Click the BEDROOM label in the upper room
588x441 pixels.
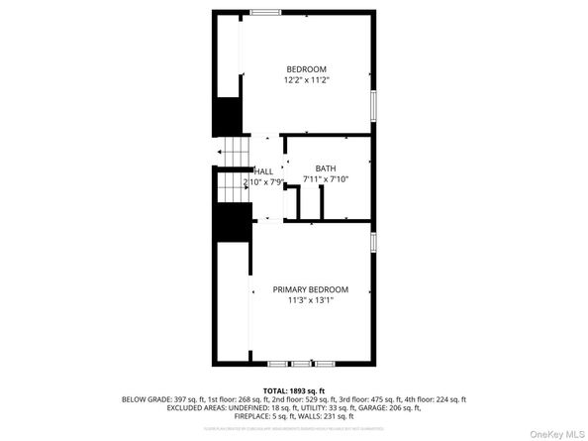(306, 68)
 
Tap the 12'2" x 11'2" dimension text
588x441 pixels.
(306, 79)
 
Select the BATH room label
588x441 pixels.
(326, 168)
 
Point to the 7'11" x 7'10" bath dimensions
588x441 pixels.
(326, 179)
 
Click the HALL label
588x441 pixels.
(264, 170)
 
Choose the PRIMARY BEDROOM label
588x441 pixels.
(310, 289)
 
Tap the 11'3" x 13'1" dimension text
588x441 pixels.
(310, 300)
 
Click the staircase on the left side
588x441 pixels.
(233, 167)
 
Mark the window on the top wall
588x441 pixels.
(264, 12)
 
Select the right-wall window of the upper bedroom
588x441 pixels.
(373, 103)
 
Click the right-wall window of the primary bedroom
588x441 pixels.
(373, 242)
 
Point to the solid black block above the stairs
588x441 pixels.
(230, 117)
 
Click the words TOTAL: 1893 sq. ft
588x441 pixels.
(294, 390)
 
